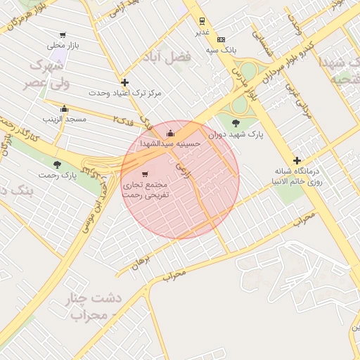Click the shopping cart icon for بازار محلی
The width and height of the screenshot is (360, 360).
click(63, 35)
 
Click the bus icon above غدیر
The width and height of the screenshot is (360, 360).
click(202, 21)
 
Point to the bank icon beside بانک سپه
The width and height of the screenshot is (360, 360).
click(221, 39)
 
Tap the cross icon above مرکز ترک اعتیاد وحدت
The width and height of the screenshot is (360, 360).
click(124, 82)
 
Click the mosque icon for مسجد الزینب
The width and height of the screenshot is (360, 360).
click(65, 109)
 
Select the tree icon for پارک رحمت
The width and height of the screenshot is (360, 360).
click(58, 165)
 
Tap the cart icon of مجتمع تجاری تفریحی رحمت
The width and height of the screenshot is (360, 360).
click(145, 174)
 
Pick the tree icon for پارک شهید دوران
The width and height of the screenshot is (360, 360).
click(235, 123)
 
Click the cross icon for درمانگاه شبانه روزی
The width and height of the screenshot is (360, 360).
click(297, 160)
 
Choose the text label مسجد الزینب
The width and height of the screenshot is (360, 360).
click(65, 120)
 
